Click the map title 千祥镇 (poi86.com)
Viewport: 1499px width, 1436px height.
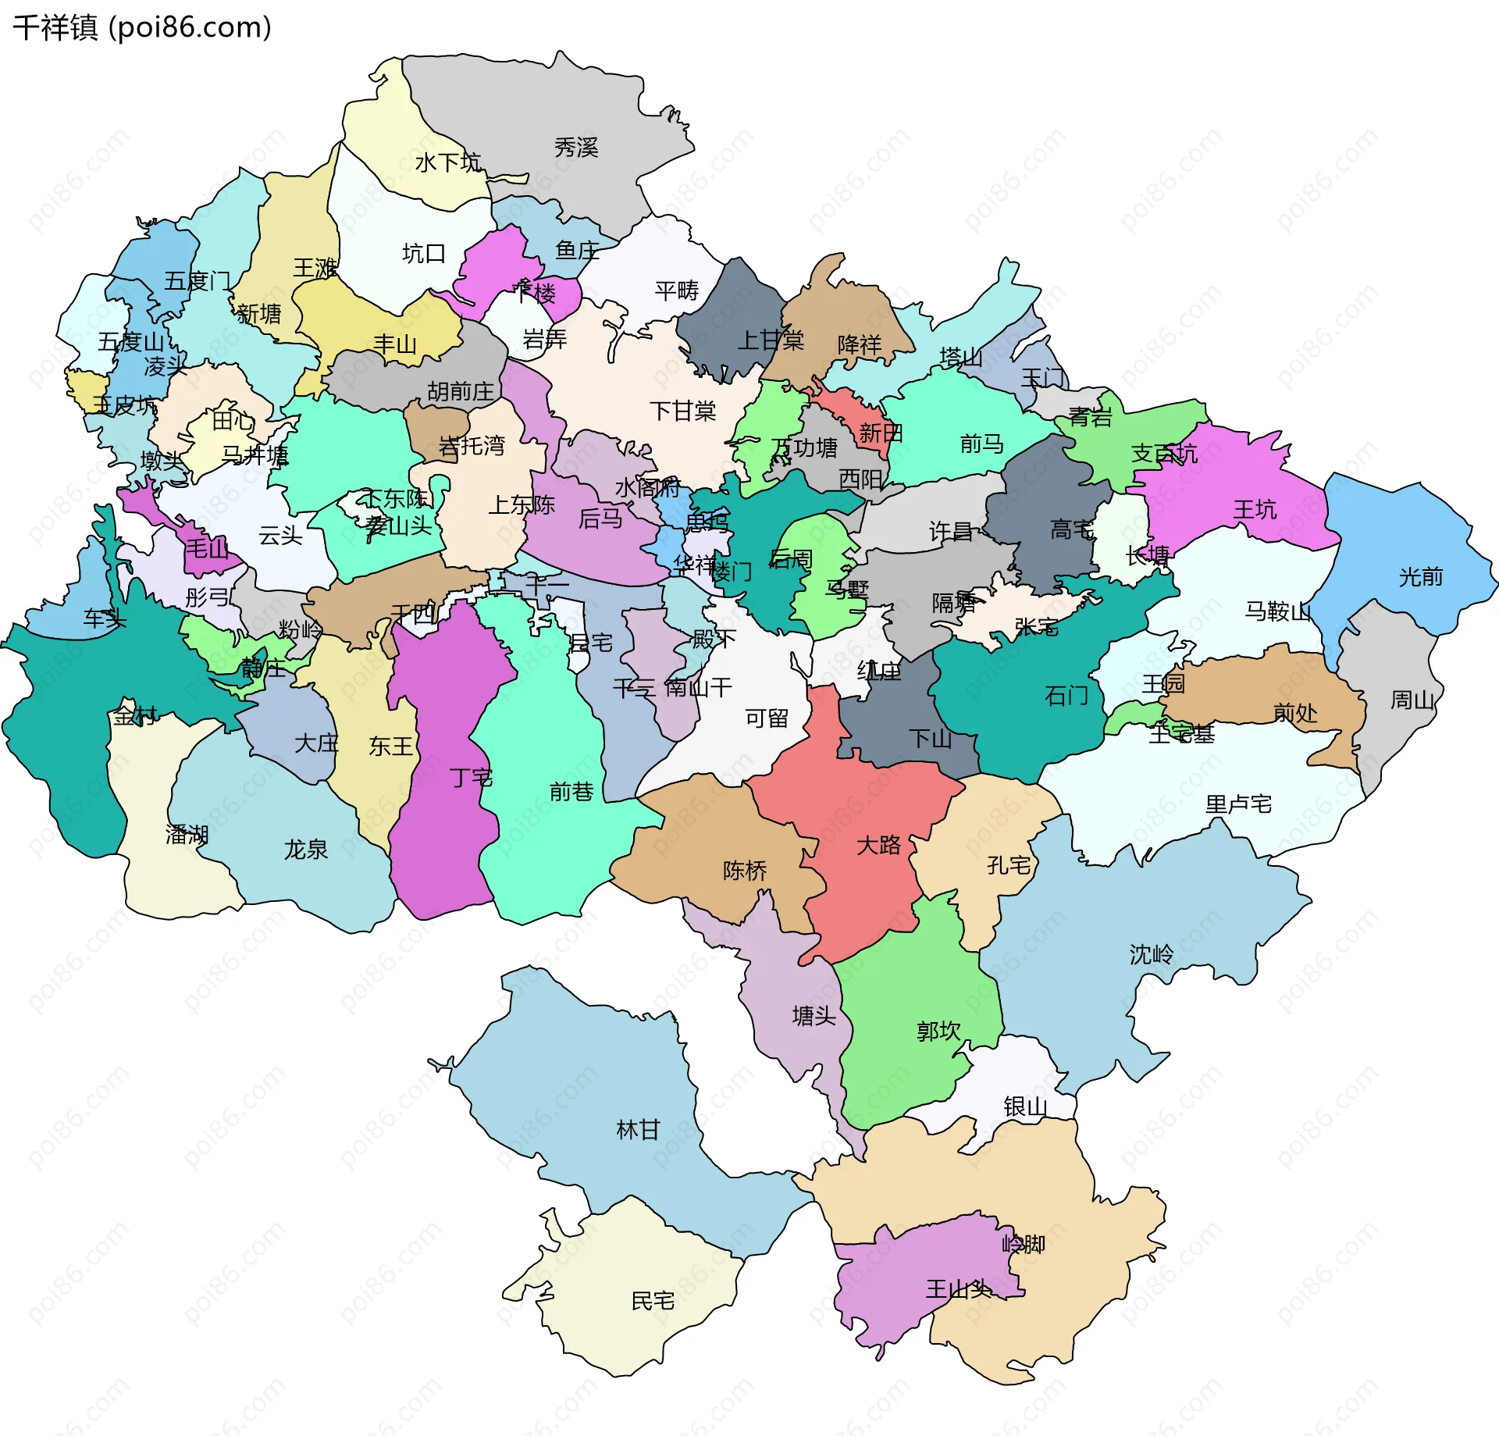142,28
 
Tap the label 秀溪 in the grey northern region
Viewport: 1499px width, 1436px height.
576,148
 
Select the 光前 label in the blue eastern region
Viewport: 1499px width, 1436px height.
1420,577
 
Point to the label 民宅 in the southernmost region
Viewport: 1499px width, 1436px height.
653,1301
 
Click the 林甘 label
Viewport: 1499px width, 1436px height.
638,1130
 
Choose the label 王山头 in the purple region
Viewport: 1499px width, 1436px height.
958,1289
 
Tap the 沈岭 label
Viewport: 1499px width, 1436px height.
1151,954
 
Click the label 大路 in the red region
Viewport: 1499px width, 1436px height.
878,845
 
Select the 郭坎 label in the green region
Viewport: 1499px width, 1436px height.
938,1031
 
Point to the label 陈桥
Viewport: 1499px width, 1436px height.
744,870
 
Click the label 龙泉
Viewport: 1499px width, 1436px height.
305,850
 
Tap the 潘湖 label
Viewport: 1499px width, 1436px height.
187,835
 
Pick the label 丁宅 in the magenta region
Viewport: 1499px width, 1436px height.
471,777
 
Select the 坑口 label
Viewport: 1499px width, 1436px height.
423,254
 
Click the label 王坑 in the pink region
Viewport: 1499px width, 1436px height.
1255,510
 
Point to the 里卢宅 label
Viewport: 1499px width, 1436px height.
1238,804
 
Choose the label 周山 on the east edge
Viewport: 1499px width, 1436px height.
1412,700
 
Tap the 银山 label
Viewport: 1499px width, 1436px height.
1025,1106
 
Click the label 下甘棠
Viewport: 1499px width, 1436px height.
682,411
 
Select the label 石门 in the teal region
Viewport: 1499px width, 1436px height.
1066,695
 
